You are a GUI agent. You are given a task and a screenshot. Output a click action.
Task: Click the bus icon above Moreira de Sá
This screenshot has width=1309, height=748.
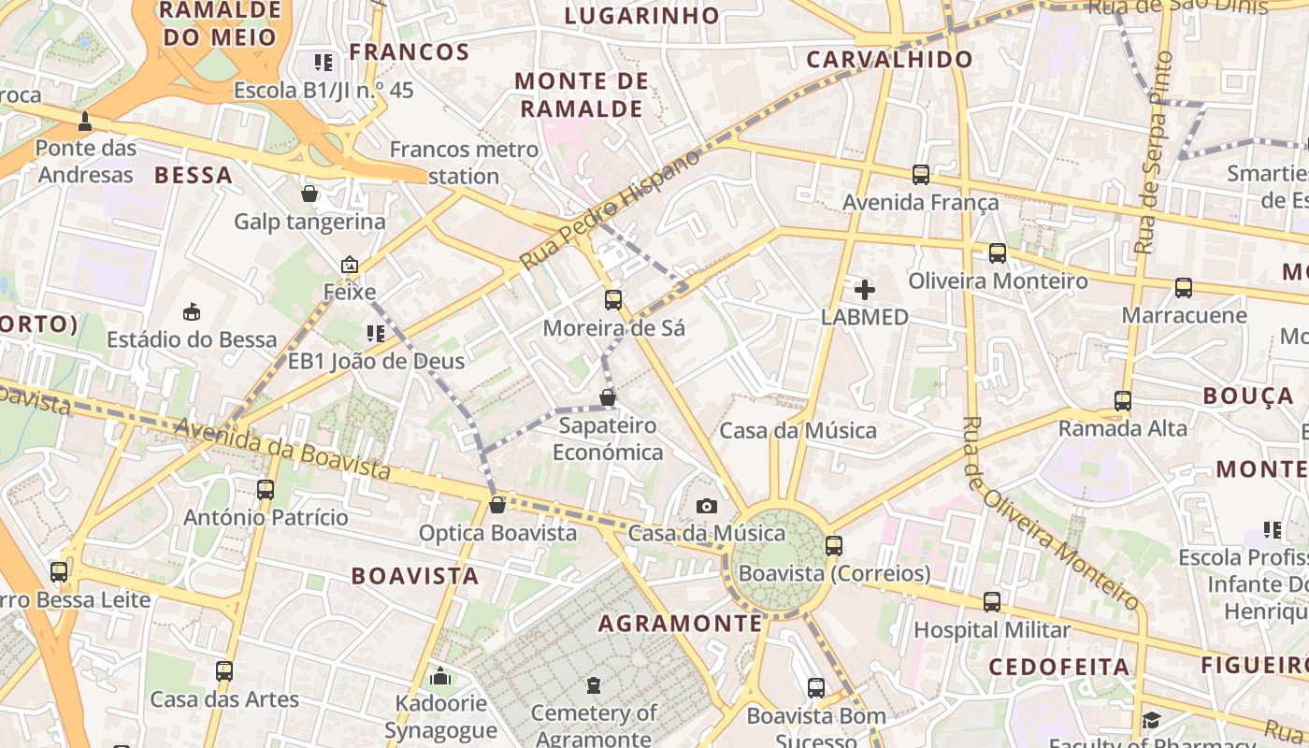click(613, 300)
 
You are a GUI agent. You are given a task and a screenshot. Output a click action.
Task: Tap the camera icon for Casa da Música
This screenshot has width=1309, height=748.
click(707, 506)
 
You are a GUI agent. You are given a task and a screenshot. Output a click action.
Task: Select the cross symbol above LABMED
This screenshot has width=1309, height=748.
click(865, 290)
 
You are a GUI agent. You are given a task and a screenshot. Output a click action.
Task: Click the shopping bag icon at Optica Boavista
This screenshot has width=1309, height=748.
click(497, 505)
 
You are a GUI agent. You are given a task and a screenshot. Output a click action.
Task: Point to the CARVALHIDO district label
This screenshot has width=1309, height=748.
click(889, 60)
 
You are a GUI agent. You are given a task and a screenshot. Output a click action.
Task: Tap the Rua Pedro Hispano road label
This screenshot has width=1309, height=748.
click(609, 209)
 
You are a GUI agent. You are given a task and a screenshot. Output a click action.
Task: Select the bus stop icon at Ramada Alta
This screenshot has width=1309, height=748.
click(1122, 401)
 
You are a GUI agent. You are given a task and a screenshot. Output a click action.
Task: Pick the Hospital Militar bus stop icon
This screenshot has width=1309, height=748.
click(991, 602)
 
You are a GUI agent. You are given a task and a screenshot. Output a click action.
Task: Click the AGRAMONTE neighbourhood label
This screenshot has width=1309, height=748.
click(680, 624)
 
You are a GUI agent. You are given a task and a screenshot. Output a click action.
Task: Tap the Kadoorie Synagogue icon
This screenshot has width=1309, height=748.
click(440, 676)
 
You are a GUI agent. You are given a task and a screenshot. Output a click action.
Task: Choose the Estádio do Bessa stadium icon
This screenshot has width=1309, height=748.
click(192, 311)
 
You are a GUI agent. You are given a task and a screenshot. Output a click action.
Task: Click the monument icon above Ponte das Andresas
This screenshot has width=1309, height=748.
click(86, 122)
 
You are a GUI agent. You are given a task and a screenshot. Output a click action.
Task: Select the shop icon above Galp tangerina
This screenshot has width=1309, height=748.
click(309, 194)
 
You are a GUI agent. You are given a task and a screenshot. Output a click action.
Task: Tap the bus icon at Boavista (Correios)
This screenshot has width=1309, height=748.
click(834, 545)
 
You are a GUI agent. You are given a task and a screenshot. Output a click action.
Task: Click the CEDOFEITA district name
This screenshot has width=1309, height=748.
click(1058, 667)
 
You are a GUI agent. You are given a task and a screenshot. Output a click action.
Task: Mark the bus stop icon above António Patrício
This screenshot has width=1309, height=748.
click(266, 489)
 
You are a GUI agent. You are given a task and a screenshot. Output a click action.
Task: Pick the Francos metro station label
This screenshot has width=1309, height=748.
click(464, 162)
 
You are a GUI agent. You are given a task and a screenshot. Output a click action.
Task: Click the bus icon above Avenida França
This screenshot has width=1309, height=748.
click(920, 174)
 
